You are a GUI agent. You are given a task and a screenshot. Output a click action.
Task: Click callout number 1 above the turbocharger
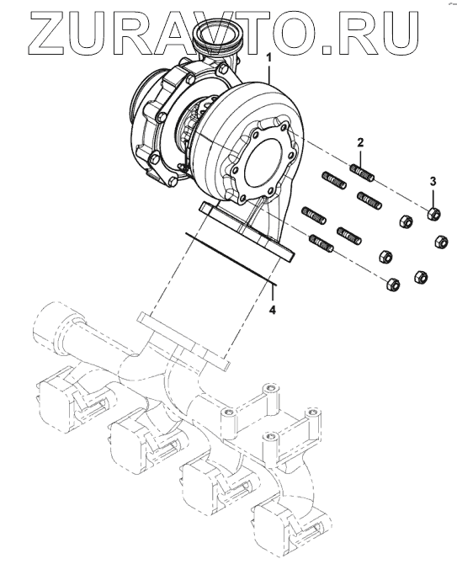(x=269, y=58)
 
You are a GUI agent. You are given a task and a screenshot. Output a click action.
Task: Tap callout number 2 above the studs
(x=360, y=142)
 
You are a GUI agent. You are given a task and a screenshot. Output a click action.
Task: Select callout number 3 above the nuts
(x=433, y=182)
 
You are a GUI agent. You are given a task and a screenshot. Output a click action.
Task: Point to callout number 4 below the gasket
(x=272, y=310)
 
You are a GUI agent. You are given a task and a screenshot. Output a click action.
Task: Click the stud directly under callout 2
(x=363, y=173)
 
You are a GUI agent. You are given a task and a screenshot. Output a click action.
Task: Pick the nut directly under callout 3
(x=433, y=214)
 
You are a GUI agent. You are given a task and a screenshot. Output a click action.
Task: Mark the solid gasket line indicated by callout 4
(x=231, y=259)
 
